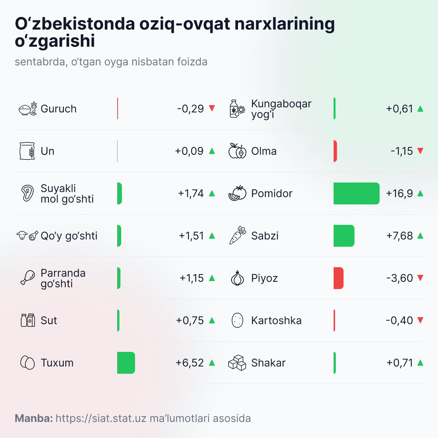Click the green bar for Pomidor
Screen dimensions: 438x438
[x=356, y=193]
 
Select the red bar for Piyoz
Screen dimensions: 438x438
[x=338, y=278]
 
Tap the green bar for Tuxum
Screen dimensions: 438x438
[x=126, y=363]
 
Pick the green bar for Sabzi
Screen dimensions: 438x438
[x=344, y=236]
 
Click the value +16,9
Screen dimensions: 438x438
[x=399, y=193]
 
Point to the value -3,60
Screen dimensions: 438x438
[x=399, y=278]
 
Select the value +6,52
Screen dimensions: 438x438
[x=189, y=363]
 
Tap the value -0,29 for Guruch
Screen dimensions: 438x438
[x=190, y=109]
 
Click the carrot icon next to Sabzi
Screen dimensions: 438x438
[x=238, y=235]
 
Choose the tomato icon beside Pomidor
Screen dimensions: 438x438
[x=237, y=193]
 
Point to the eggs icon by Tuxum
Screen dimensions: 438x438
[x=27, y=363]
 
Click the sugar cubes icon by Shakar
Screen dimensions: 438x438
[x=237, y=363]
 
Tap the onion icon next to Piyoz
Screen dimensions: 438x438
[x=238, y=278]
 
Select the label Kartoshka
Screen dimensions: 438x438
[x=276, y=320]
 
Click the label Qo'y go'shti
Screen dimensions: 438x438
[x=69, y=236]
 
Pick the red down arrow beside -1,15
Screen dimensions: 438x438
[x=420, y=151]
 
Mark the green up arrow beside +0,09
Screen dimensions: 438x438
[x=212, y=151]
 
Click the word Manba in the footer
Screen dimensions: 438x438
[x=34, y=418]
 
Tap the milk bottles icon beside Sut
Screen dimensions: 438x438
[x=28, y=320]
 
